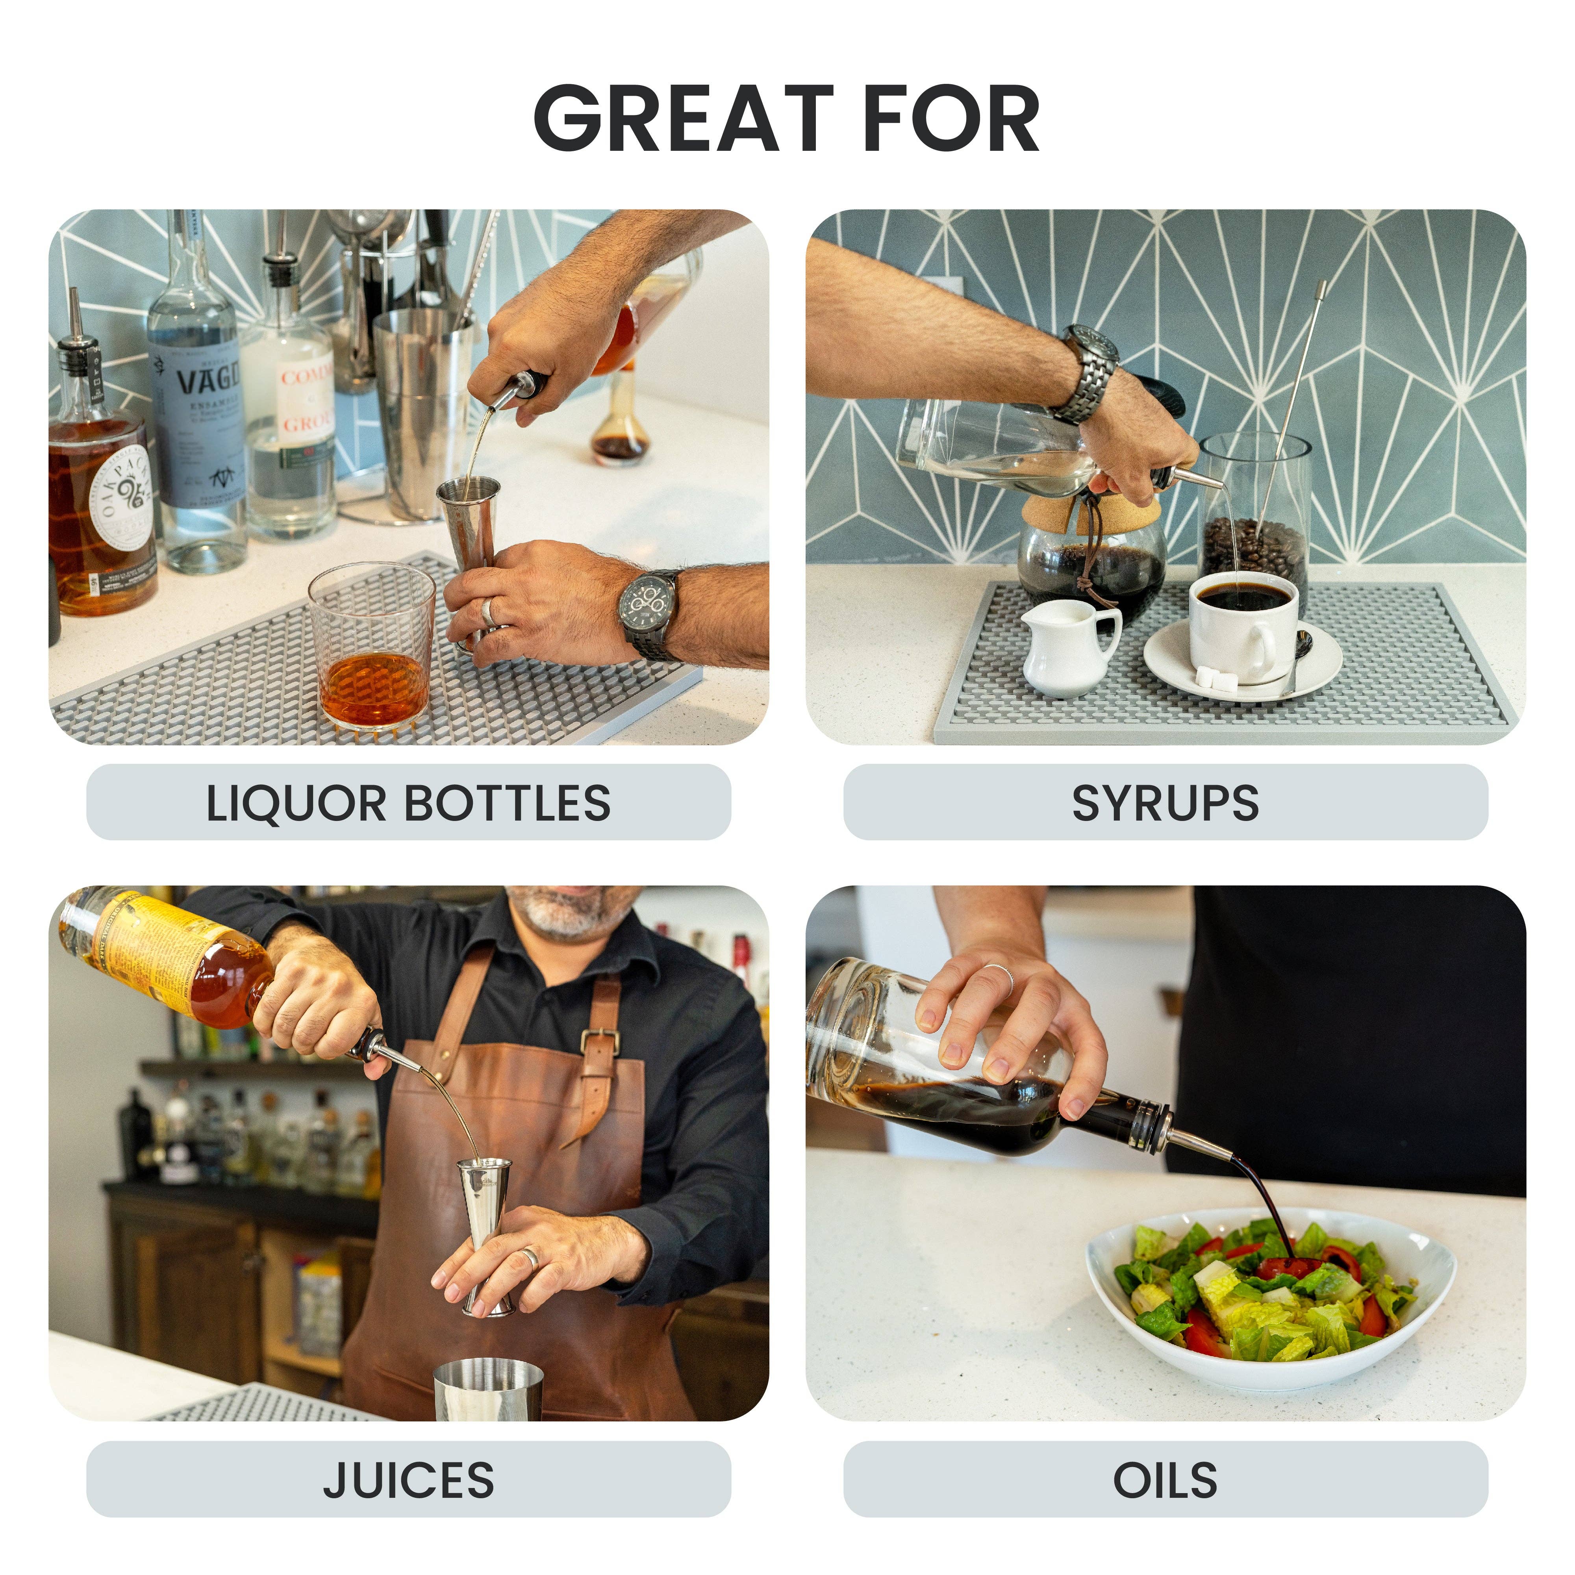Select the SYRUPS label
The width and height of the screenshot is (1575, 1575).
1165,803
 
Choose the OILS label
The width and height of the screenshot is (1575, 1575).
1165,1480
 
